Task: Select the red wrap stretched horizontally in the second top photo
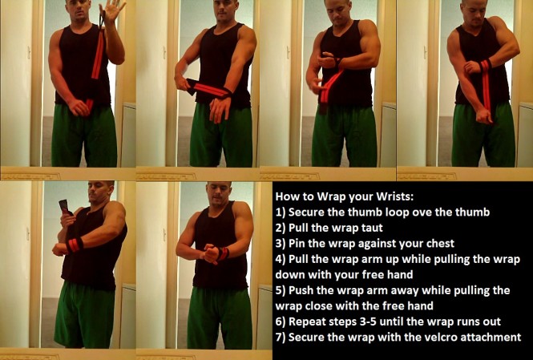[x=210, y=89]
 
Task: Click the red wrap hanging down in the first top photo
[x=98, y=60]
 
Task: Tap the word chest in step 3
[x=434, y=244]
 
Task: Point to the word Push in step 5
[x=302, y=290]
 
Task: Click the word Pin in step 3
[x=299, y=244]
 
